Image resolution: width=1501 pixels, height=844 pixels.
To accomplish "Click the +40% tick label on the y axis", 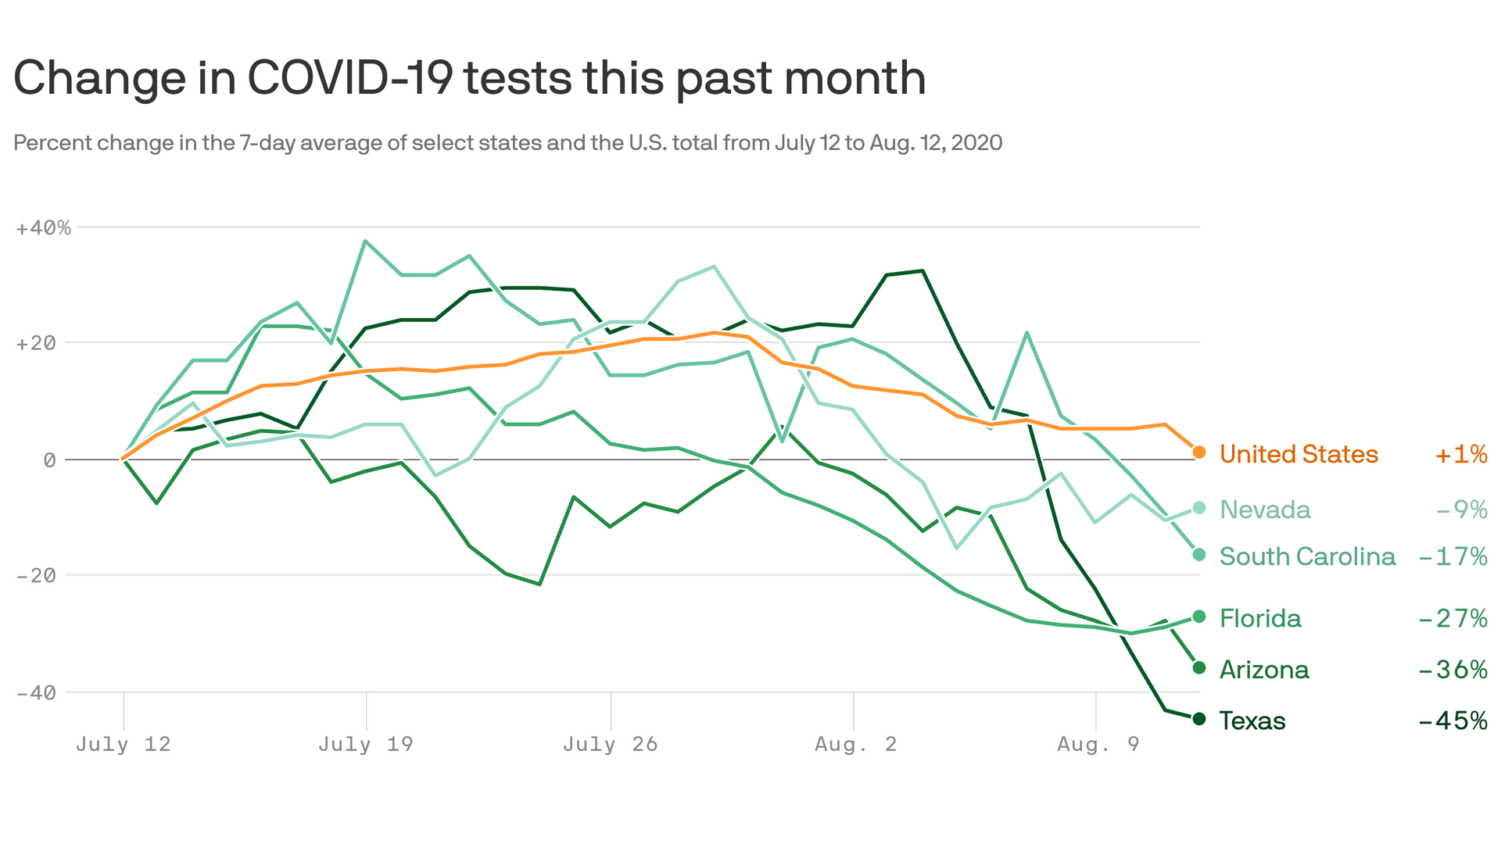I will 43,228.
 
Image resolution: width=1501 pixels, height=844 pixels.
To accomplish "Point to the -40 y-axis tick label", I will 35,693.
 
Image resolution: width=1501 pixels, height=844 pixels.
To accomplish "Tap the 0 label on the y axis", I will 49,460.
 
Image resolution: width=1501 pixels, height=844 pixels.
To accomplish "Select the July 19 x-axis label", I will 365,744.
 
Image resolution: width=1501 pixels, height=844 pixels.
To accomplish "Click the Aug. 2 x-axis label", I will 855,744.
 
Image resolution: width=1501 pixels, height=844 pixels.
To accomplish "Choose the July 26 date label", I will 610,744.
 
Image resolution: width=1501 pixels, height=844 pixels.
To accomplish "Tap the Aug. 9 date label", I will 1098,744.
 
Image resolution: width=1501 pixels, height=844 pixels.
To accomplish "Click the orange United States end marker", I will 1199,452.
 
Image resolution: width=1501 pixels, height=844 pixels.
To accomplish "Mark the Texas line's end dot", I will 1199,719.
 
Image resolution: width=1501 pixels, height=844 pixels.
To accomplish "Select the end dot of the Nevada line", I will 1199,508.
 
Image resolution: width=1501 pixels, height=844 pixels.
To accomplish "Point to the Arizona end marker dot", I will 1199,668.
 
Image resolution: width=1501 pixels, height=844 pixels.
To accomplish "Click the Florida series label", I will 1260,619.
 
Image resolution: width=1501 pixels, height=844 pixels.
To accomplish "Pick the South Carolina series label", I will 1307,556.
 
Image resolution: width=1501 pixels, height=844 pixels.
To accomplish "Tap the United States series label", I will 1299,454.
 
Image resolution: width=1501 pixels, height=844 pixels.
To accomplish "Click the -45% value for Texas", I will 1453,721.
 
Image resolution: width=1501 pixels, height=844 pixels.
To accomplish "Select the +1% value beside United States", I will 1460,454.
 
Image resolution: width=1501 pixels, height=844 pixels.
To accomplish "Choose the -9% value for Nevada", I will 1461,510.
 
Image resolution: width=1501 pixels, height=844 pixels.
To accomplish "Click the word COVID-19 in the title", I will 349,78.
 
